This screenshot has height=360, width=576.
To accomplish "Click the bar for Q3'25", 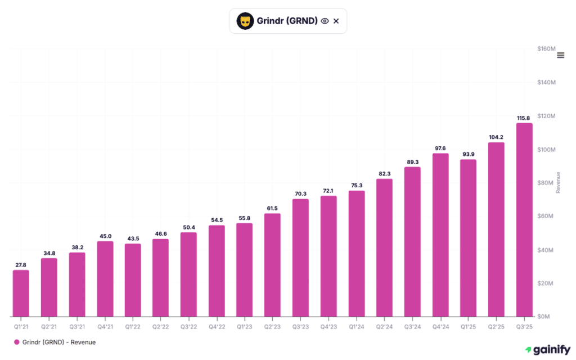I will (x=524, y=219).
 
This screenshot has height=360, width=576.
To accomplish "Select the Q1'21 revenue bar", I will (x=21, y=293).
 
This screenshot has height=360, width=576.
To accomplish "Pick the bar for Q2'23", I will (x=272, y=264).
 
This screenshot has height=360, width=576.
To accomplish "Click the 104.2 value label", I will (x=496, y=137).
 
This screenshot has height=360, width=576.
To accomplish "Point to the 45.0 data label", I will (x=105, y=236).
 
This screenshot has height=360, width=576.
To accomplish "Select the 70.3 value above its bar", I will (x=300, y=194).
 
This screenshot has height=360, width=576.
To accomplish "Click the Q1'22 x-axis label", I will (x=133, y=326).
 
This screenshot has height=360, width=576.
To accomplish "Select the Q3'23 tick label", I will (x=300, y=326).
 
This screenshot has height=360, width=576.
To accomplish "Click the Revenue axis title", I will (x=558, y=182).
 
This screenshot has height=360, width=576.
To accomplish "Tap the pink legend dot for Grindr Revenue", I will (x=17, y=342).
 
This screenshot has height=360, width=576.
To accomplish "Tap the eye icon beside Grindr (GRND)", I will (x=325, y=21).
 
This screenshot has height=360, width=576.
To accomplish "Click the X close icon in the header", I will (x=336, y=21).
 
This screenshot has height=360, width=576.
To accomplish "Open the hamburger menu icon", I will (x=560, y=55).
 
